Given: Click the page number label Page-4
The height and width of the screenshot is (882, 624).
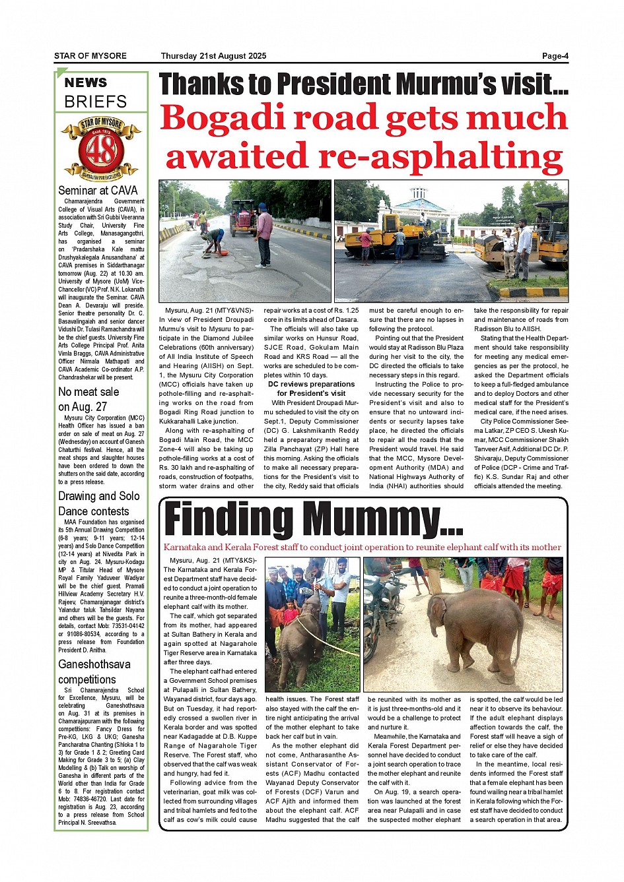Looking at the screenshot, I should pyautogui.click(x=555, y=56).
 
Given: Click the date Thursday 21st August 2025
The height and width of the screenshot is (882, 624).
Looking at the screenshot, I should pyautogui.click(x=213, y=56).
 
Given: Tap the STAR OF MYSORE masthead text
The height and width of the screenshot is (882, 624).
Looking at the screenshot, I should pyautogui.click(x=90, y=56).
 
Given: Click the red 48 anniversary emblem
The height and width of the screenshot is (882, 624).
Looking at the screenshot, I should pyautogui.click(x=101, y=149).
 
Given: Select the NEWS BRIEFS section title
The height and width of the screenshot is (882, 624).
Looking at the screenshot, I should pyautogui.click(x=95, y=92).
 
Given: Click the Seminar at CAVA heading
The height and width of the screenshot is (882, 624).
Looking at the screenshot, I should pyautogui.click(x=98, y=191).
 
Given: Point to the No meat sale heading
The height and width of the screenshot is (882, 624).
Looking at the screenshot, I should pyautogui.click(x=88, y=392).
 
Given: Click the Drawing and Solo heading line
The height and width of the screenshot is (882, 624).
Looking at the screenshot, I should pyautogui.click(x=99, y=496).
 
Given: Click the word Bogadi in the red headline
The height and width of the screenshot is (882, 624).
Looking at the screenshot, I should pyautogui.click(x=222, y=119).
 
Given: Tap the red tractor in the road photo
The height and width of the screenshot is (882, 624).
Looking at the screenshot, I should pyautogui.click(x=244, y=217).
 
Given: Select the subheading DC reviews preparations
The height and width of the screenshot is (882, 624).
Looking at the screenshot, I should pyautogui.click(x=311, y=384).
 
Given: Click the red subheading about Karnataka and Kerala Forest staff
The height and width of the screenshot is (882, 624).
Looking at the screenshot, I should pyautogui.click(x=362, y=548).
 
